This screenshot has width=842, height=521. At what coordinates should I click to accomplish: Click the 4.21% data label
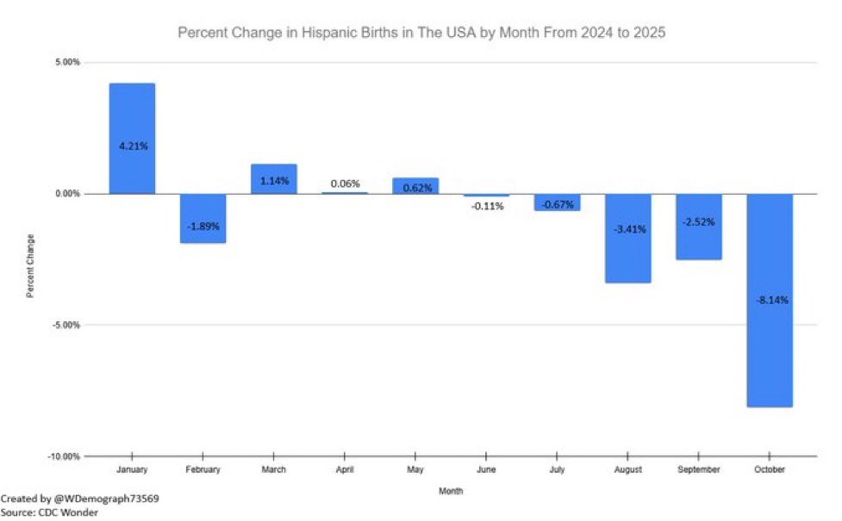(x=133, y=146)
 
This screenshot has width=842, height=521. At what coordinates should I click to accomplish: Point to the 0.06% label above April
(x=344, y=183)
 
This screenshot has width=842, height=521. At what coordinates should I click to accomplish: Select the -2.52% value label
(x=698, y=221)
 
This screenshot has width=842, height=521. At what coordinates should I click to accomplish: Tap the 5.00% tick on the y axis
(x=69, y=63)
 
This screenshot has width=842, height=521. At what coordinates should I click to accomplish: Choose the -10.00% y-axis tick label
(x=65, y=456)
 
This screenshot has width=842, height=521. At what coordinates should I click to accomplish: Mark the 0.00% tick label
(x=69, y=194)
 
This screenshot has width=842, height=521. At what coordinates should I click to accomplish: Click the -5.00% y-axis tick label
(x=68, y=326)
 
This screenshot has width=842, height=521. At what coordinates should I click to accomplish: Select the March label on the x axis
(x=273, y=470)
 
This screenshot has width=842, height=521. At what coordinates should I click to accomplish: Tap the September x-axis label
(x=698, y=470)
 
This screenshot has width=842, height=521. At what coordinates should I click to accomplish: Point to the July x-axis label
(x=557, y=470)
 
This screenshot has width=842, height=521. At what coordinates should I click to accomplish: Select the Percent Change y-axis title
(x=30, y=265)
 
